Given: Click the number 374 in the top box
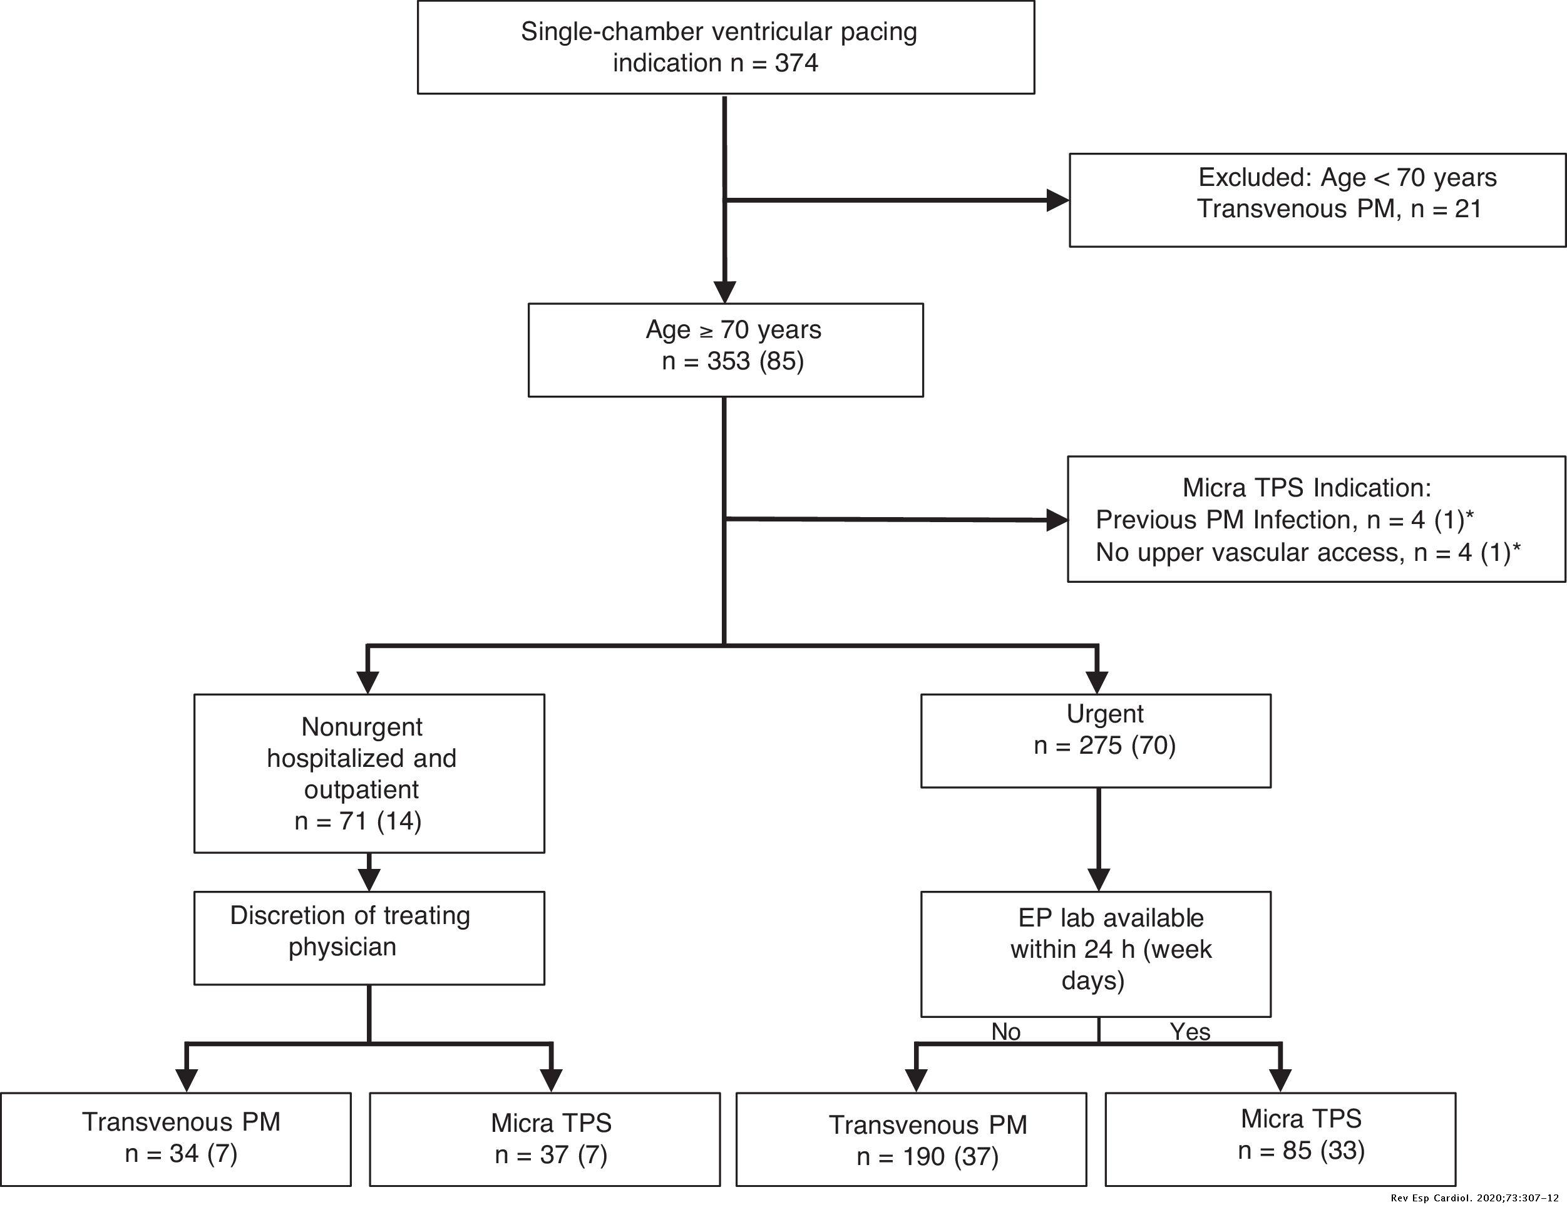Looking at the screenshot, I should pyautogui.click(x=796, y=63).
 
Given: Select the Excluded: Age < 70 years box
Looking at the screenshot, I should pyautogui.click(x=1317, y=200).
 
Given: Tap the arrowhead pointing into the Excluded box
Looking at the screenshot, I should pyautogui.click(x=1057, y=200).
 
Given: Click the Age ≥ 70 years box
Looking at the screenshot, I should pyautogui.click(x=726, y=349).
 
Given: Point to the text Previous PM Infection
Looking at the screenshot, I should pyautogui.click(x=1223, y=520).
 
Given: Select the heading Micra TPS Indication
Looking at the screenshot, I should pyautogui.click(x=1306, y=488).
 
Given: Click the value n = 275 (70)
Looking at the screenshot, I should pyautogui.click(x=1105, y=746).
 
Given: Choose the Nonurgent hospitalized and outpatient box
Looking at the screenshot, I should pyautogui.click(x=369, y=773).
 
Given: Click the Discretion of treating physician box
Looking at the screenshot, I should pyautogui.click(x=369, y=937).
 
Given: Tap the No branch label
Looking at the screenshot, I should pyautogui.click(x=1005, y=1031).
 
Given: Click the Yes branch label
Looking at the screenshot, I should pyautogui.click(x=1189, y=1031).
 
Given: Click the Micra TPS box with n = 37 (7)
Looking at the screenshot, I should pyautogui.click(x=545, y=1139).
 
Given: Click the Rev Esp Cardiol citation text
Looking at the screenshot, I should pyautogui.click(x=1474, y=1198).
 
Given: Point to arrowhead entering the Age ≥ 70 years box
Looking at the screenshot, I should pyautogui.click(x=726, y=292).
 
